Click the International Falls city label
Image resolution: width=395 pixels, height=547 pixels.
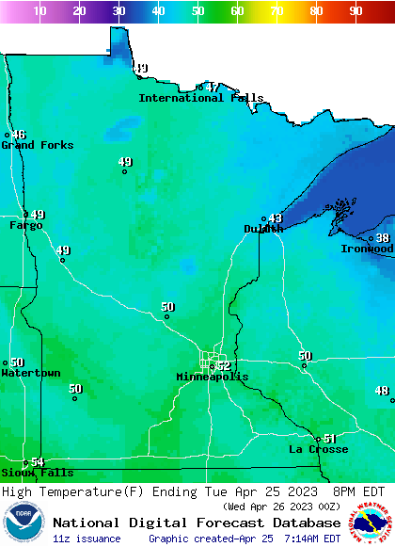tap(201, 98)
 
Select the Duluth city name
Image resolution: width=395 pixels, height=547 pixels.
tap(263, 229)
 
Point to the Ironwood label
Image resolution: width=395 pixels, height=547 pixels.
tap(367, 249)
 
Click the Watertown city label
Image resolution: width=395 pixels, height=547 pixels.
tap(31, 374)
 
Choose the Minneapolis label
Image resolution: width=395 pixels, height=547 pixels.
tap(213, 377)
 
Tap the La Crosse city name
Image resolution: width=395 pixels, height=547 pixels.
tap(318, 449)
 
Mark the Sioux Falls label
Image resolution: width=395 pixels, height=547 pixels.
tap(37, 473)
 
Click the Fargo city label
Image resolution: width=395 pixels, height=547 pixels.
tap(26, 225)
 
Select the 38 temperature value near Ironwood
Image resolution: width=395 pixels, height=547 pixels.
tap(383, 238)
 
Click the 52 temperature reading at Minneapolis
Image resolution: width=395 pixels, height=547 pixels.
tap(224, 365)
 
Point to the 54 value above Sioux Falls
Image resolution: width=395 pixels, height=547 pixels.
tap(38, 462)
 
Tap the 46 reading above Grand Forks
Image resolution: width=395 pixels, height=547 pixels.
tap(19, 135)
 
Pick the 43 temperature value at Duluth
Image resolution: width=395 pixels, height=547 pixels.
tap(276, 218)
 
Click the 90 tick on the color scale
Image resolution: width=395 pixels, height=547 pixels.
tap(355, 11)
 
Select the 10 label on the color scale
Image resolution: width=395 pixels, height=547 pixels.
tap(39, 11)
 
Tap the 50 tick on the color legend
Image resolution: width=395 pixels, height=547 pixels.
tap(197, 11)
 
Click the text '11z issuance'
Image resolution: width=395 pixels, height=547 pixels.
tap(87, 539)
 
